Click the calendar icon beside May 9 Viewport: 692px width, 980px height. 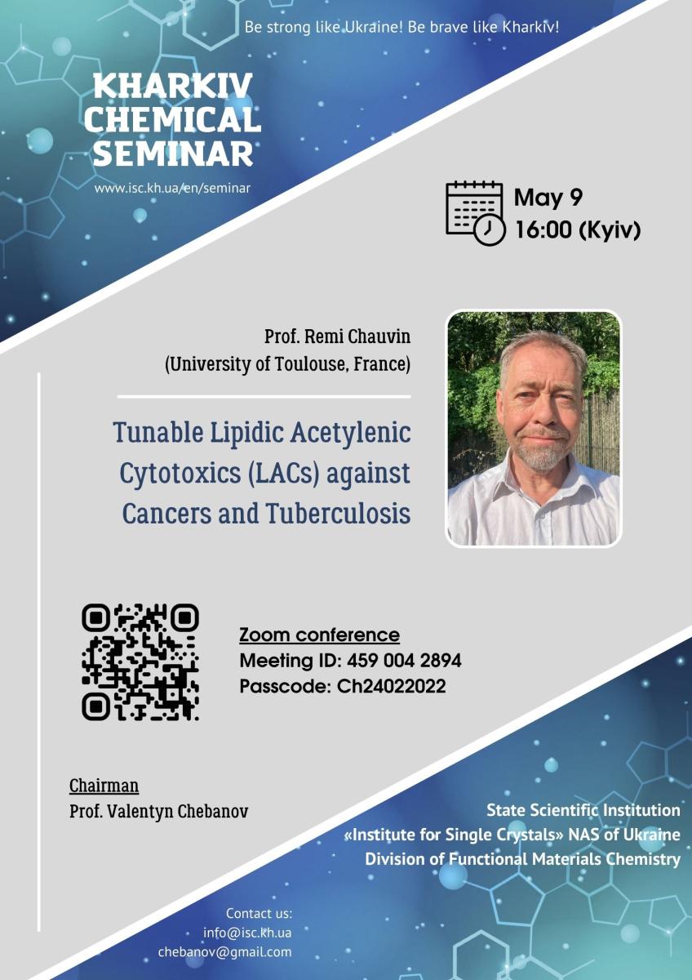[x=475, y=212]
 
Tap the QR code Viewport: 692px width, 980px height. [x=140, y=662]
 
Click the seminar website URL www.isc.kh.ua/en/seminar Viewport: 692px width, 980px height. [x=172, y=189]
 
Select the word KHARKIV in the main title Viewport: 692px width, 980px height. [x=173, y=87]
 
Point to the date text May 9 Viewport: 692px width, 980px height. [x=548, y=198]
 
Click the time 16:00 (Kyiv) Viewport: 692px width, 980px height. [x=578, y=229]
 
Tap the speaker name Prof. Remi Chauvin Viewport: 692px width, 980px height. [x=337, y=336]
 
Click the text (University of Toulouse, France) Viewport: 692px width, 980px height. [x=287, y=364]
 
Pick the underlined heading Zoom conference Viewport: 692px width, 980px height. [x=319, y=635]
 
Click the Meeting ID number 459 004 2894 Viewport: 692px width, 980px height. [x=404, y=661]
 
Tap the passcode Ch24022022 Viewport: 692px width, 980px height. [x=391, y=686]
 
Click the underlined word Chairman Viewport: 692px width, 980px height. [x=104, y=786]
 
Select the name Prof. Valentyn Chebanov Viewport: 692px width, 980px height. [x=158, y=812]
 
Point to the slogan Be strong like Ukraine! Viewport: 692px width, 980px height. [x=323, y=28]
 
